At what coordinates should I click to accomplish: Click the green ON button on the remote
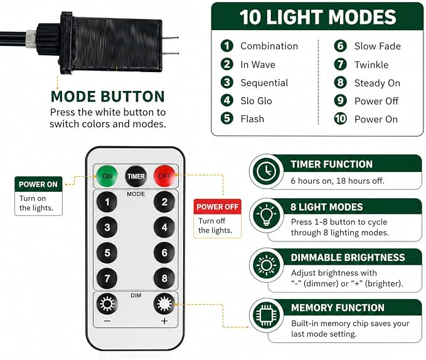107,176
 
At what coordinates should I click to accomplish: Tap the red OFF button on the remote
164,176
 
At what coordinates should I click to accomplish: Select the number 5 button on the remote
107,253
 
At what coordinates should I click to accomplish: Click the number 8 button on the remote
164,278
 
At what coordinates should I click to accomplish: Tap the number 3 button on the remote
107,227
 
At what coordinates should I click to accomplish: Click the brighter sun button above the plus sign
164,304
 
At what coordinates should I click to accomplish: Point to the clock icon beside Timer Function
266,171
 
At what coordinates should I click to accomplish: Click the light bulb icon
266,215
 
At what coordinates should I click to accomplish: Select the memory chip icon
266,315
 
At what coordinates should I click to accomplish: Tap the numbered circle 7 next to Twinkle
341,65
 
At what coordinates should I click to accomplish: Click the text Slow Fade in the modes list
377,46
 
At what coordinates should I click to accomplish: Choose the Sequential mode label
264,83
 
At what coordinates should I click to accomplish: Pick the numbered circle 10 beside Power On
341,119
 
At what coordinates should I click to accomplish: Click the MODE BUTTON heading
108,97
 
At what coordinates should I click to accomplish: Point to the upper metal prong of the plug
171,38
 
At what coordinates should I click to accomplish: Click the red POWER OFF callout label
217,207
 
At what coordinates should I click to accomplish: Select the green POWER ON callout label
38,184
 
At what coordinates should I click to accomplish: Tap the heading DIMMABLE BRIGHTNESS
348,257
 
